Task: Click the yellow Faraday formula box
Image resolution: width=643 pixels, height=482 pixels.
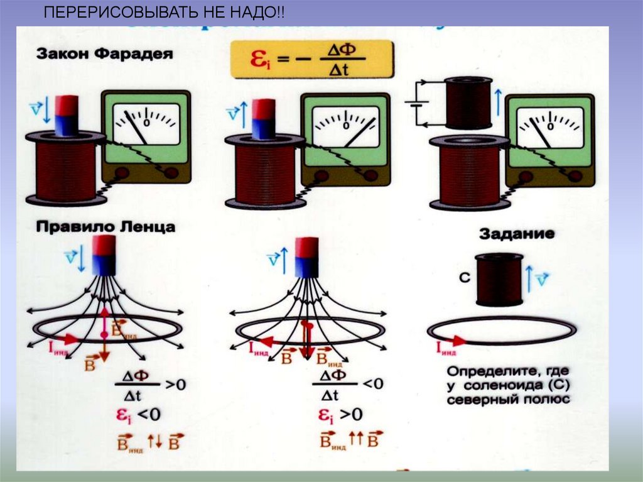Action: (x=312, y=59)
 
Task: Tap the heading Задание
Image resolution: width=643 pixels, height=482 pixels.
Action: (x=517, y=234)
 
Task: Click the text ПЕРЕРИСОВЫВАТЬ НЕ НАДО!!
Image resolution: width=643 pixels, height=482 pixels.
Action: (x=164, y=13)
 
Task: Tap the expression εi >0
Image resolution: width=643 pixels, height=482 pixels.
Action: (x=340, y=415)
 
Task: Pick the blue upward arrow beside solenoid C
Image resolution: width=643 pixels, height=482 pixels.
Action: (x=529, y=278)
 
